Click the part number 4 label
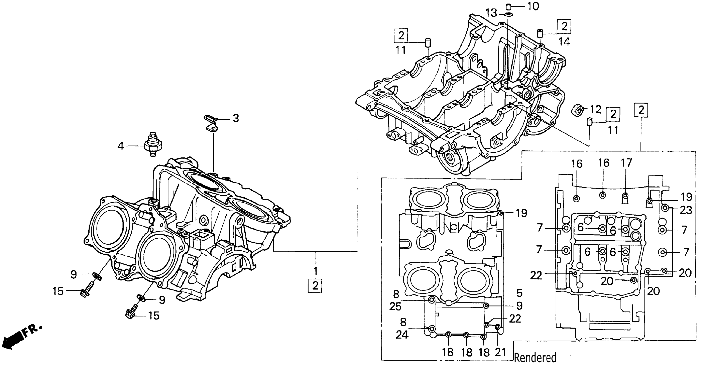(x=120, y=147)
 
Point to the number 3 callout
(x=236, y=118)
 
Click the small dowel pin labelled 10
(x=508, y=7)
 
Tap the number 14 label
(x=564, y=42)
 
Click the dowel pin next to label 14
(x=540, y=34)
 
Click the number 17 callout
(x=626, y=163)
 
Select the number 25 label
(x=395, y=307)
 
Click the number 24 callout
(x=402, y=335)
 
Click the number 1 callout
(x=315, y=271)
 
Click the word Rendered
(x=535, y=358)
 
